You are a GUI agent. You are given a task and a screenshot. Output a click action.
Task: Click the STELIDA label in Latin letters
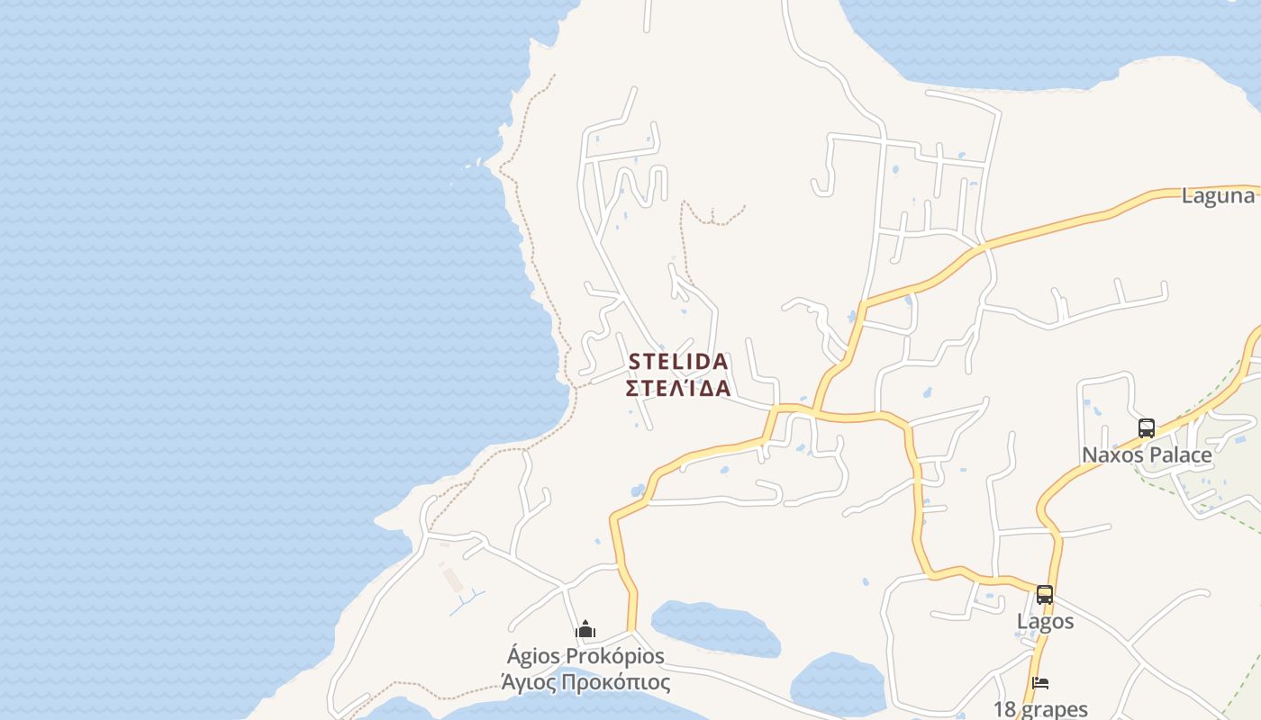[x=677, y=362]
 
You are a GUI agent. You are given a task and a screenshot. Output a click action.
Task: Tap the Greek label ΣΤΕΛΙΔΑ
[x=677, y=389]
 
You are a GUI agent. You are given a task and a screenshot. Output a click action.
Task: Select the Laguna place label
[x=1218, y=196]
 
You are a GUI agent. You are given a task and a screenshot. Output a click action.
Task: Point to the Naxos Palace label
[x=1147, y=454]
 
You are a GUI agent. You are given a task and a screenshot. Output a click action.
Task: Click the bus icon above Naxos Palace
[x=1146, y=428]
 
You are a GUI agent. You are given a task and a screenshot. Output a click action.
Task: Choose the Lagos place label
[x=1045, y=621]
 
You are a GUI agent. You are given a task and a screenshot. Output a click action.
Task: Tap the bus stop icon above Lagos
[x=1044, y=595]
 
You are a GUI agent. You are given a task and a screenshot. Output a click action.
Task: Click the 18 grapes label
[x=1040, y=709]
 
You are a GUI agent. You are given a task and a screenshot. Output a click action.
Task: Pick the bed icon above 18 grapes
[x=1040, y=683]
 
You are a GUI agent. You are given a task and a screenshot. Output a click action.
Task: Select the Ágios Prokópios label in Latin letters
[x=585, y=656]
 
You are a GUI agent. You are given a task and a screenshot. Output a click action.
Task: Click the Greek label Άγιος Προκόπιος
[x=585, y=681]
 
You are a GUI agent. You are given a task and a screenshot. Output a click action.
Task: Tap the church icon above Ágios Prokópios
[x=585, y=630]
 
